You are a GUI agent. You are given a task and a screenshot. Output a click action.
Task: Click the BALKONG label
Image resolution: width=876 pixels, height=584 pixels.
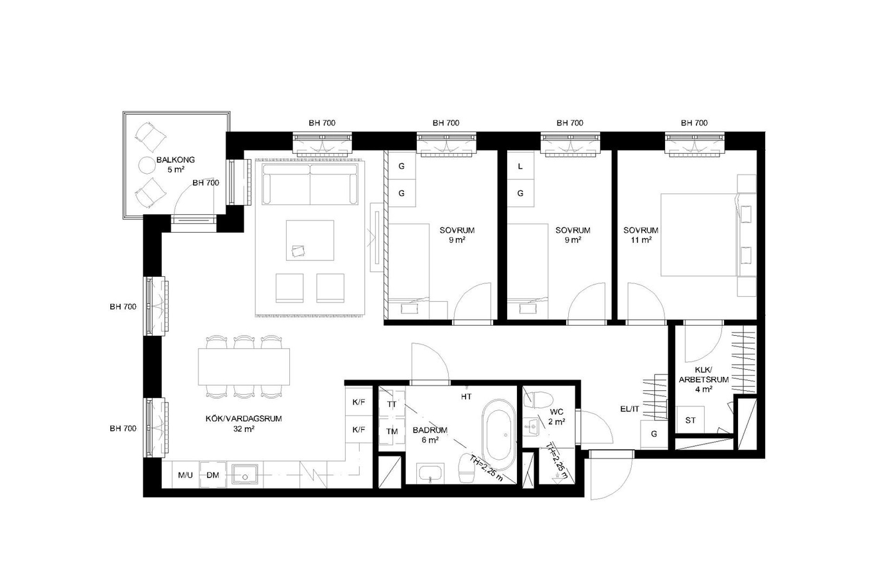pyautogui.click(x=176, y=160)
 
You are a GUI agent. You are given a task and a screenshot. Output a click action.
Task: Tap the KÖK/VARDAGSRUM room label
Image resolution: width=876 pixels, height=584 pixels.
pyautogui.click(x=244, y=419)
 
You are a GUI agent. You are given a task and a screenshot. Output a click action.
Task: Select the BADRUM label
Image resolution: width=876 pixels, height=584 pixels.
pyautogui.click(x=430, y=430)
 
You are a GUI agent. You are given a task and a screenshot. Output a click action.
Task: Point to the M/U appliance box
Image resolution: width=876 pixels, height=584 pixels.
pyautogui.click(x=185, y=475)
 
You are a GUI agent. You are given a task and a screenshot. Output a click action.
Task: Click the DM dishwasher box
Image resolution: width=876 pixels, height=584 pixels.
pyautogui.click(x=213, y=475)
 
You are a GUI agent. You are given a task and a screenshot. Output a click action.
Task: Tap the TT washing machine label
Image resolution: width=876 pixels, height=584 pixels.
pyautogui.click(x=391, y=405)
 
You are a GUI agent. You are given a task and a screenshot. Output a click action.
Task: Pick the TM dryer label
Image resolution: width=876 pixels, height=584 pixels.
pyautogui.click(x=392, y=431)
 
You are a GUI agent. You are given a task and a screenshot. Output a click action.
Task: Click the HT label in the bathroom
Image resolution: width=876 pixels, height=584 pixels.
pyautogui.click(x=466, y=397)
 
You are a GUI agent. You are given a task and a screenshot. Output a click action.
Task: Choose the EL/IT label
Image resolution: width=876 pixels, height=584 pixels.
pyautogui.click(x=630, y=409)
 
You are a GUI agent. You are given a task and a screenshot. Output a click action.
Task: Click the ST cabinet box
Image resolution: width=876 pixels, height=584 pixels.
pyautogui.click(x=690, y=420)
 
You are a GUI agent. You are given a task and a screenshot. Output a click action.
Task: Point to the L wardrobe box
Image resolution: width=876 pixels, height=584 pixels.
pyautogui.click(x=521, y=166)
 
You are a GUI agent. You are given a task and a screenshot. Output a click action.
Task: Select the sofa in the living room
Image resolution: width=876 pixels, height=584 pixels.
pyautogui.click(x=310, y=184)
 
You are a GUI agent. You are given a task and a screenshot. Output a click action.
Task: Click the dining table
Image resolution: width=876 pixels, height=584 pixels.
pyautogui.click(x=244, y=367)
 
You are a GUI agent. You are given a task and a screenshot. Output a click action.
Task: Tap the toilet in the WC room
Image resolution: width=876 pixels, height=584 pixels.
pyautogui.click(x=538, y=400)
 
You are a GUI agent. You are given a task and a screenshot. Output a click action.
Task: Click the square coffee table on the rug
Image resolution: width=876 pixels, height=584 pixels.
pyautogui.click(x=310, y=240)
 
